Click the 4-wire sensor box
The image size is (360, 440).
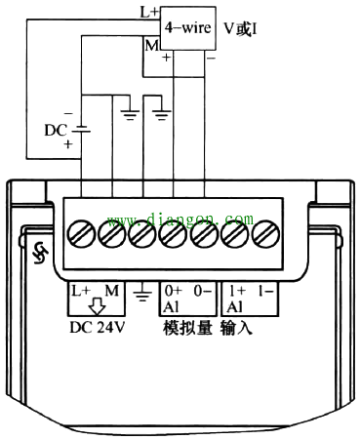point(188,28)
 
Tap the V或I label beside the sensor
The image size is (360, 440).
point(240,29)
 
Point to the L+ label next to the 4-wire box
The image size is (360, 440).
point(149,13)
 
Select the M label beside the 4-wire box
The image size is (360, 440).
point(152,46)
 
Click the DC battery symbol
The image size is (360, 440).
point(81,129)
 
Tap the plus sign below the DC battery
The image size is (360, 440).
point(68,143)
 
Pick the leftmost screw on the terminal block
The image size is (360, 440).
point(81,234)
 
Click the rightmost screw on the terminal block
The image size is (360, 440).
point(266,234)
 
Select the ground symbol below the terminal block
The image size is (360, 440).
point(142,293)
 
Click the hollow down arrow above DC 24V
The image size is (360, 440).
point(98,306)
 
